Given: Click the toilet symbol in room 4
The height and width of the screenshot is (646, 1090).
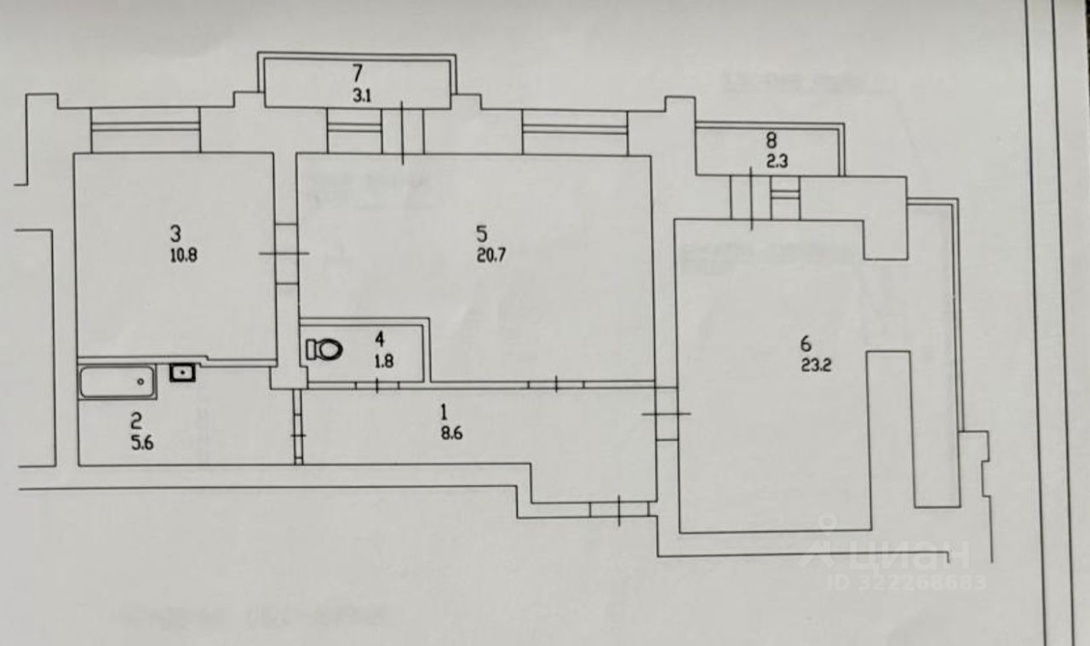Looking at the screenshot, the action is (324, 348).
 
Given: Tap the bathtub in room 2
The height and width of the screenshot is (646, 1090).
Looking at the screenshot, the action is (118, 381).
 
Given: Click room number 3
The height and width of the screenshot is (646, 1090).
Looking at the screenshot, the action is (175, 232).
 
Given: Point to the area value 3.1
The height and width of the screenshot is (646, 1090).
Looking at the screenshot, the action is (362, 96).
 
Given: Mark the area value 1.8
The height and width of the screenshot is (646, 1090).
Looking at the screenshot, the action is (384, 361).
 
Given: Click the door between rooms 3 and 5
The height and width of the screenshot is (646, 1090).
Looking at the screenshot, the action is (285, 253).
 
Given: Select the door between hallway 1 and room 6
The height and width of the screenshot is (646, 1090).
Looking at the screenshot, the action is (666, 414).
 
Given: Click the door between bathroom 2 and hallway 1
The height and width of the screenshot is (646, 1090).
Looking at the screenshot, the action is (298, 434).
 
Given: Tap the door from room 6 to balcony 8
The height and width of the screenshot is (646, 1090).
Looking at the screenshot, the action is (751, 197).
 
